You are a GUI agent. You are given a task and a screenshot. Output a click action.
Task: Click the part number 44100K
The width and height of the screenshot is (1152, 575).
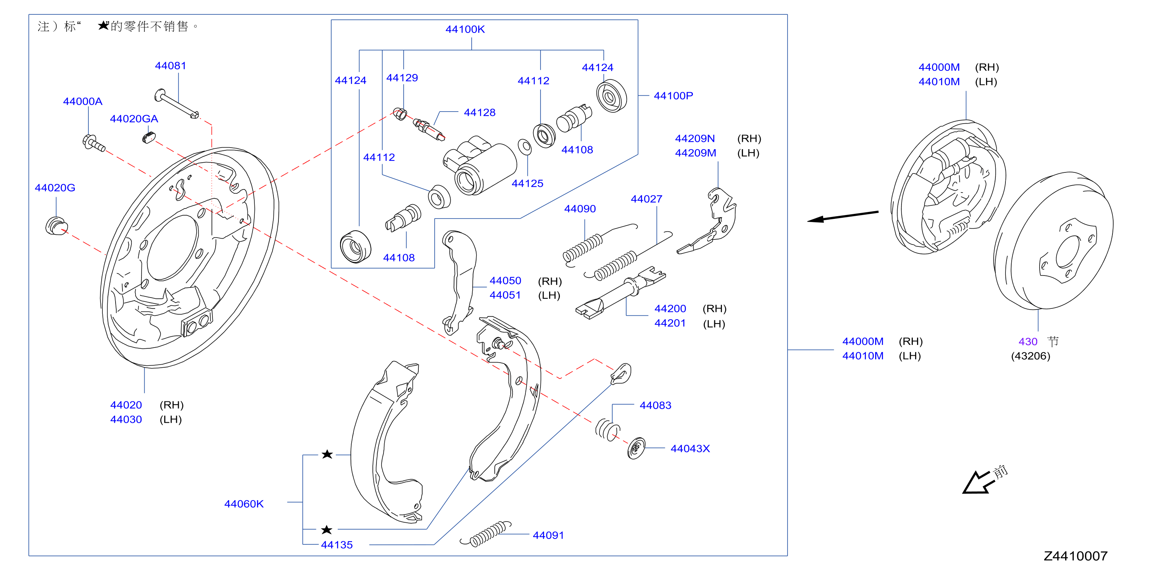coord(465,29)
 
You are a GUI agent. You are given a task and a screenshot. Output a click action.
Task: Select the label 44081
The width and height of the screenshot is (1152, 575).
coord(170,66)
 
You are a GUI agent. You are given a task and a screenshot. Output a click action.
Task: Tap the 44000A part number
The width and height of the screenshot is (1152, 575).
coord(83,102)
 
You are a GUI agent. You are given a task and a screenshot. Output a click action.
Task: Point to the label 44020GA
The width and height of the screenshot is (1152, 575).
coord(134,119)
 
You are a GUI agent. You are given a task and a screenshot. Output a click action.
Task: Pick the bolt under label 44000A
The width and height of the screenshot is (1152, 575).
coord(94,143)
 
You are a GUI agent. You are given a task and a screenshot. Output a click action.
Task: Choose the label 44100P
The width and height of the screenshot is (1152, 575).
coord(673,96)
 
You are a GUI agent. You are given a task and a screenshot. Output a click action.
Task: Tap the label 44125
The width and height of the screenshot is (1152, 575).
coord(527,184)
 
